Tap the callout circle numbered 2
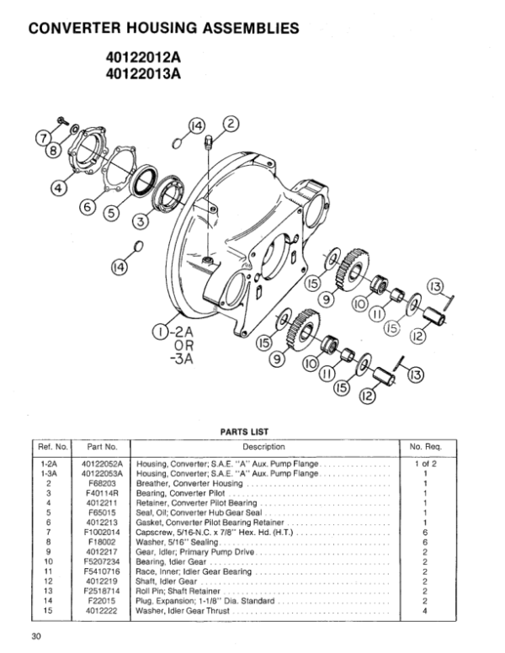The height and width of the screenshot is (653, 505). [x=231, y=123]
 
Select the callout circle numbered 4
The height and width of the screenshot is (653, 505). [x=58, y=188]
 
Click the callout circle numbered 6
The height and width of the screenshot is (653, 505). [x=87, y=207]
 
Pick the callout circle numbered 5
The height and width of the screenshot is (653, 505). [x=111, y=213]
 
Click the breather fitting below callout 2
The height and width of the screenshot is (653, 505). [x=209, y=141]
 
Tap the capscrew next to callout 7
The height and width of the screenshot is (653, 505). [x=63, y=120]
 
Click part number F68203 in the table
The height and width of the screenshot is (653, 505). [x=102, y=484]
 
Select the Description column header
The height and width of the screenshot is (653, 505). [x=263, y=447]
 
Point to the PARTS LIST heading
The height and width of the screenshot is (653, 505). [x=244, y=432]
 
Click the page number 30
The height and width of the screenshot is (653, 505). [x=36, y=636]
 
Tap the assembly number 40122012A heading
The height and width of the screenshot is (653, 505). [x=143, y=57]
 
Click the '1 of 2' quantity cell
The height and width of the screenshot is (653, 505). [x=425, y=464]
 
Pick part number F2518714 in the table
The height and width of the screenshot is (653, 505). [x=102, y=592]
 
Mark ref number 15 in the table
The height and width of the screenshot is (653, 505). [x=48, y=611]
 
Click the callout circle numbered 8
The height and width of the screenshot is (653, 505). [x=54, y=150]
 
